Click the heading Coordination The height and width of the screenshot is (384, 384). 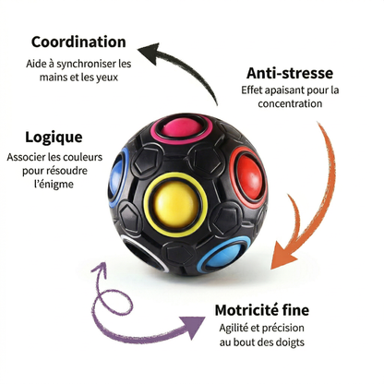(x=78, y=42)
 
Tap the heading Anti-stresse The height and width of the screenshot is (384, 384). (x=290, y=73)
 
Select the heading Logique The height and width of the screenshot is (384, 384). (x=54, y=138)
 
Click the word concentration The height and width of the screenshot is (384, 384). (x=290, y=103)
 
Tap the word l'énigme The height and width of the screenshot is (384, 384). (x=54, y=185)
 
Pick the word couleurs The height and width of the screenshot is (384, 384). (x=83, y=157)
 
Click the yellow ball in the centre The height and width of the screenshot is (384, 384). (x=175, y=205)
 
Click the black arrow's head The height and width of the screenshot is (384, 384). (x=150, y=53)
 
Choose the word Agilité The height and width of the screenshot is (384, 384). (x=234, y=329)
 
